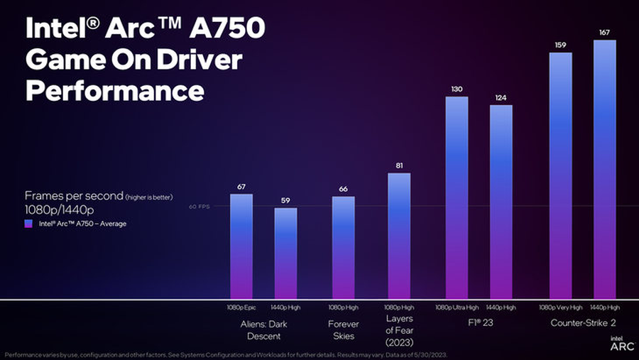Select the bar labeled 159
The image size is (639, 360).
coord(560,175)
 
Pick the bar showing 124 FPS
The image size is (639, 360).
coord(501,202)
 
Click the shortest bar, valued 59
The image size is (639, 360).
coord(285,253)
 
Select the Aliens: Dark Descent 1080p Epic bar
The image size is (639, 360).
coord(241,246)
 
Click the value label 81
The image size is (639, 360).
coord(399,166)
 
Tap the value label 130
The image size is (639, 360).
coord(457,89)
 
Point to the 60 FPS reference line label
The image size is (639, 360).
coord(200,207)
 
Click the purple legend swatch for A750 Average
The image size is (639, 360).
coord(28,224)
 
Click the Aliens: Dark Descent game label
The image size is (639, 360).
coord(263,329)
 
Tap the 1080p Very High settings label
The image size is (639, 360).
coord(560,307)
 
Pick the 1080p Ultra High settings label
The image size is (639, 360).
coord(457,307)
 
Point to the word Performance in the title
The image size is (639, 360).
coord(114,92)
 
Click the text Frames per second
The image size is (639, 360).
coord(73,195)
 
